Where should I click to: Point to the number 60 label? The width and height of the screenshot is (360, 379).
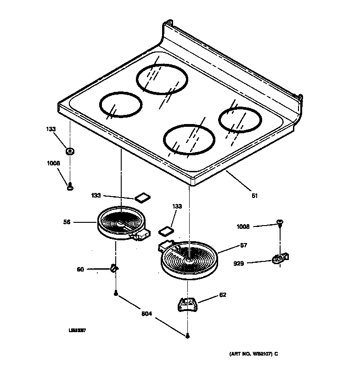point(80,270)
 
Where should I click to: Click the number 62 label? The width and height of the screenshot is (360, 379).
point(223,294)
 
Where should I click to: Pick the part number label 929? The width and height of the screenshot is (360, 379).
point(239,263)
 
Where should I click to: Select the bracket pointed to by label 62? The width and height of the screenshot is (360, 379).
point(187,304)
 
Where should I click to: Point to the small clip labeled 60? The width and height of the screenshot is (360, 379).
point(114,268)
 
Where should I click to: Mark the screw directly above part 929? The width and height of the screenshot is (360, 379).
point(280,224)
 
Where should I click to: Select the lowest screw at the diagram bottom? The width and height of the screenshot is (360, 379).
point(188,337)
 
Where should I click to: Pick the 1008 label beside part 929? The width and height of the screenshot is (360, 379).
point(243,226)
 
